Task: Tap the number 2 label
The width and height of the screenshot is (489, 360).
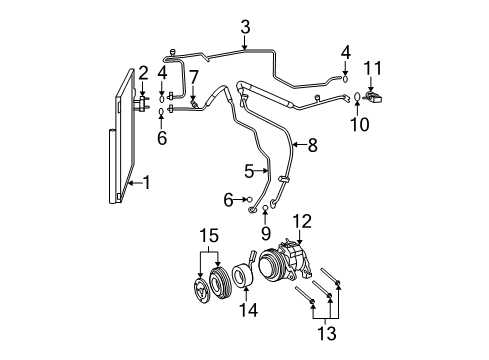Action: point(143,72)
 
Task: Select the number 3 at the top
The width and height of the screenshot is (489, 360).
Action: point(245,28)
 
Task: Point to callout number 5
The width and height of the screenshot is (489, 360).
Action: point(249,171)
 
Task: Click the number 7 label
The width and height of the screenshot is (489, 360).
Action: point(194,76)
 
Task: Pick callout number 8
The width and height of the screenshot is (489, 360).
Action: point(312,146)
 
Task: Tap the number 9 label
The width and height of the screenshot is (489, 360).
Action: point(265,235)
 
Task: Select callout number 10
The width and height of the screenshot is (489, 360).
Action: point(358,124)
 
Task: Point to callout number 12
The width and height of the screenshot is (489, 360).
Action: point(301,221)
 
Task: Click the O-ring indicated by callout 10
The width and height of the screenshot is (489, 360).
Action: point(357,97)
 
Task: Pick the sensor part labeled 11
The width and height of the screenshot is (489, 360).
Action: point(374,95)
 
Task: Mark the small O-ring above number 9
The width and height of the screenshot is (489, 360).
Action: point(265,211)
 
